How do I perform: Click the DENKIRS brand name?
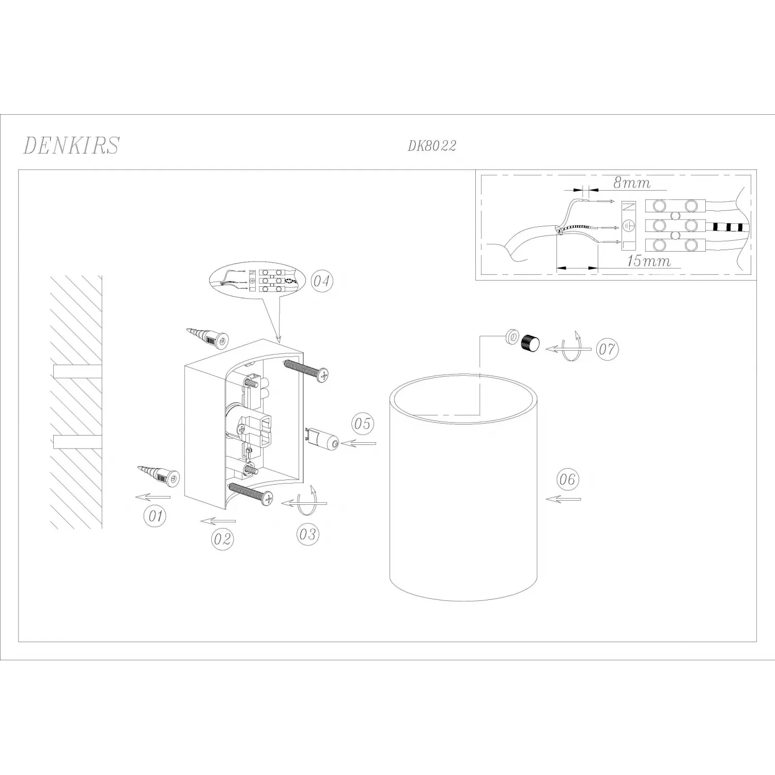pos(71,145)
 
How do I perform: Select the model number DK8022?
pos(432,146)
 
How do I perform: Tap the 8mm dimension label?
pos(631,183)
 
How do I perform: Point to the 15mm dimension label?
pos(649,261)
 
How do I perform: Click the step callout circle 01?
pos(155,516)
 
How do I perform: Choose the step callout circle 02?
pos(222,539)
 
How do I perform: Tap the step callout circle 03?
pos(308,534)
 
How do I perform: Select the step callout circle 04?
pos(322,282)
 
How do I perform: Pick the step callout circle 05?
pos(363,424)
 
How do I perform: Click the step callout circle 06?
pos(567,479)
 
